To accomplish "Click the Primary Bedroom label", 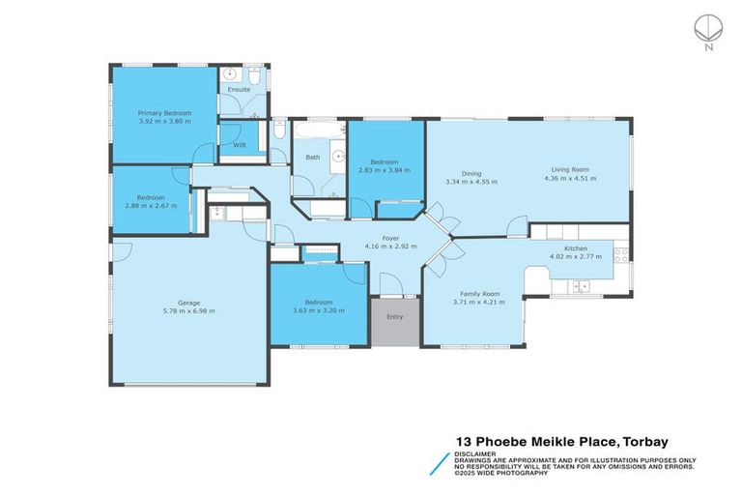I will click(x=164, y=113).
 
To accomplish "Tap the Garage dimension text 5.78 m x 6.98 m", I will click(x=188, y=311).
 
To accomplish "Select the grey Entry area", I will click(x=395, y=321).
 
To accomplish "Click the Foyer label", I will click(x=390, y=238).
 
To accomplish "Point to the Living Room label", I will click(x=566, y=169).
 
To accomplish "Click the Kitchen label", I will click(x=576, y=248).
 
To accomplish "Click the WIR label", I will click(x=240, y=145).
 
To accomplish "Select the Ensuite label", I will click(x=239, y=90).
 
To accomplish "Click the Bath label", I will click(x=313, y=157).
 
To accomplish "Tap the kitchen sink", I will click(x=580, y=285).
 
